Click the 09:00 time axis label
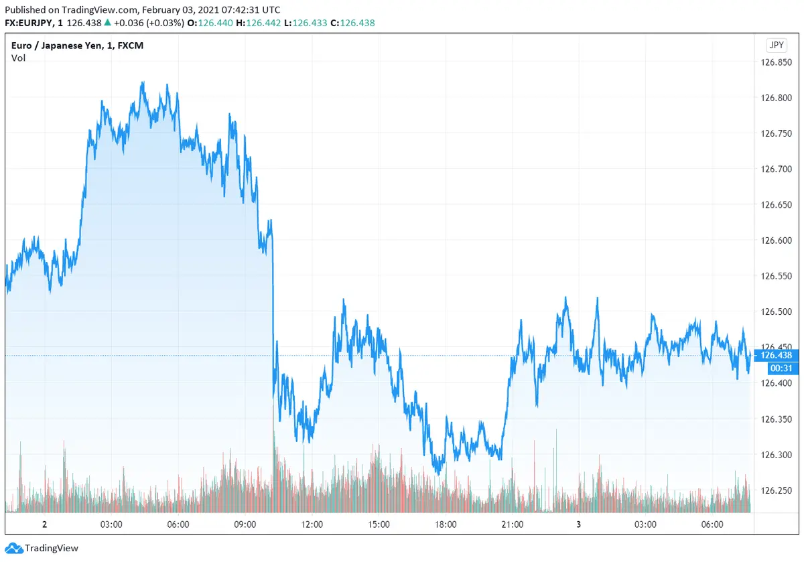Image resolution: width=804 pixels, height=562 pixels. pyautogui.click(x=245, y=524)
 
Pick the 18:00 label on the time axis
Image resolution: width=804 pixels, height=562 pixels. pyautogui.click(x=446, y=524)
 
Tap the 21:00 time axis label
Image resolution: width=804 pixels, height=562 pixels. pyautogui.click(x=513, y=524)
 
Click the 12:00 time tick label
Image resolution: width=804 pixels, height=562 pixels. pyautogui.click(x=312, y=524)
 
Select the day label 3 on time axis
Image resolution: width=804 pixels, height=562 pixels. pyautogui.click(x=579, y=524)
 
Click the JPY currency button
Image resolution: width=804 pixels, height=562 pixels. pyautogui.click(x=776, y=46)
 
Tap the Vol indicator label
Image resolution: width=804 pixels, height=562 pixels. pyautogui.click(x=19, y=58)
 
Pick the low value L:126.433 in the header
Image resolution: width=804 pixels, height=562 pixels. pyautogui.click(x=306, y=23)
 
